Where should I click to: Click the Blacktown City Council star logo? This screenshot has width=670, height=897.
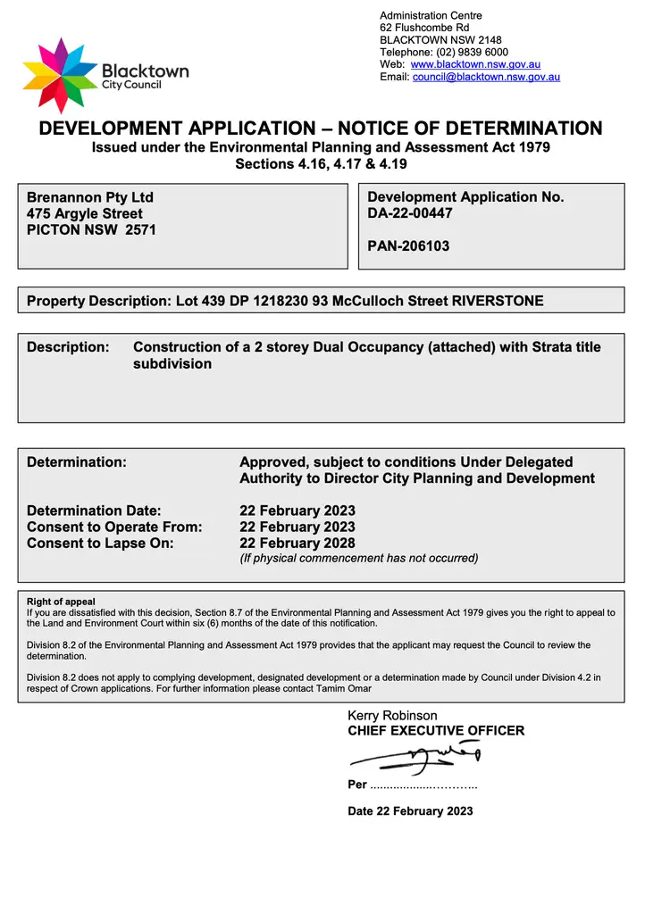coord(60,75)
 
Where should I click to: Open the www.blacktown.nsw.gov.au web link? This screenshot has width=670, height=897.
coord(475,65)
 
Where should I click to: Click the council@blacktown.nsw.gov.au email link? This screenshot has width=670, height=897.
coord(486,78)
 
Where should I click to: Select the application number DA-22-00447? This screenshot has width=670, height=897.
coord(410,213)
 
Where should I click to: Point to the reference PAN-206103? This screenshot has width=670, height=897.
coord(408,245)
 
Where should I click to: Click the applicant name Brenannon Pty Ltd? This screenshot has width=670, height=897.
coord(90,197)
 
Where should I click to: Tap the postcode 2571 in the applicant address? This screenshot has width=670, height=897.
coord(139,229)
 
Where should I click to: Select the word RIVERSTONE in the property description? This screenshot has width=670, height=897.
coord(498,301)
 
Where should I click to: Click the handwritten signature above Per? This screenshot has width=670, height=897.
coord(415,760)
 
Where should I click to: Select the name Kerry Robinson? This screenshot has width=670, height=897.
coord(392,716)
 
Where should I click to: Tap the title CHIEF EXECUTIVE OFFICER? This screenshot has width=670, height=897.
coord(436,731)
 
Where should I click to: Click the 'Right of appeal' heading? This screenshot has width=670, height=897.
coord(61,602)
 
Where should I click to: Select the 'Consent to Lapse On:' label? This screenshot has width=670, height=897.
coord(100,543)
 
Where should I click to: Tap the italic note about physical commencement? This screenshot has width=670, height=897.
coord(358,559)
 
